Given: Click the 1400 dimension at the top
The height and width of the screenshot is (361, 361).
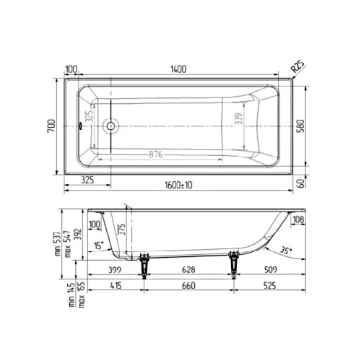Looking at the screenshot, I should [178, 69].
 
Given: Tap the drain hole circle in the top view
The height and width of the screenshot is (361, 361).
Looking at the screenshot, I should [110, 126].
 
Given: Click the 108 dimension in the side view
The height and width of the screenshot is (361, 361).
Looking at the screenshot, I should [297, 220].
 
